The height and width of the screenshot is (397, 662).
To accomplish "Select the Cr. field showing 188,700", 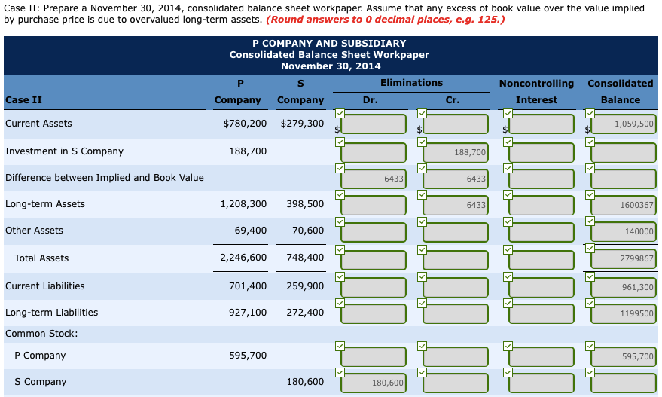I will click(456, 152).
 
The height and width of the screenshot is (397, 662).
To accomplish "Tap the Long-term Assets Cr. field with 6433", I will click(456, 205).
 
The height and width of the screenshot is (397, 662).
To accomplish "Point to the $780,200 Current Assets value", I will click(245, 123).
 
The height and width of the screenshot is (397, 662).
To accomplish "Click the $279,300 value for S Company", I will click(301, 123).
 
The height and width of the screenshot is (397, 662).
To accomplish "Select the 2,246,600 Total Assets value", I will click(243, 258).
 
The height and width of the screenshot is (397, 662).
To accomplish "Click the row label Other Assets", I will click(34, 231).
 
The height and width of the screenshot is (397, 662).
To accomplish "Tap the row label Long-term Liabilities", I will click(51, 313).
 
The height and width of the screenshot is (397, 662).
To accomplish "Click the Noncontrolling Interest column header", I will click(536, 91).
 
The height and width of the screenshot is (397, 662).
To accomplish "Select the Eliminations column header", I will click(411, 83).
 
